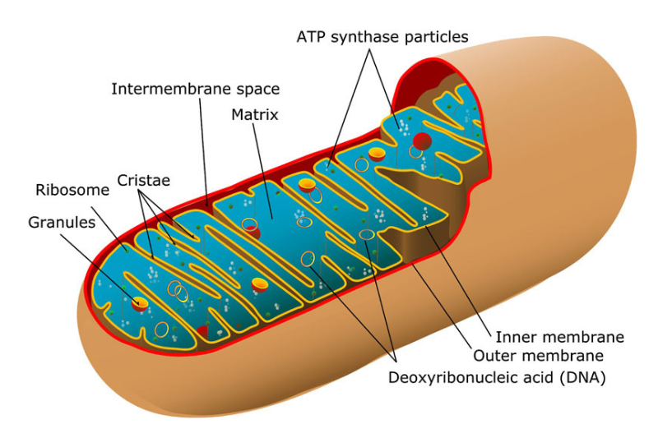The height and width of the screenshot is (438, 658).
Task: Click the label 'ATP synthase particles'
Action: click(x=382, y=37)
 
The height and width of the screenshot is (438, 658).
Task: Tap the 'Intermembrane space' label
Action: click(x=196, y=89)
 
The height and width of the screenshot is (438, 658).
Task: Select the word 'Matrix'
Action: click(x=255, y=115)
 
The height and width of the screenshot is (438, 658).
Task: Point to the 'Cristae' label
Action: click(x=143, y=181)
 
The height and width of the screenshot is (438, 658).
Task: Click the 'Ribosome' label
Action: click(x=72, y=190)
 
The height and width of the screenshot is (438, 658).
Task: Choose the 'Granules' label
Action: click(x=62, y=222)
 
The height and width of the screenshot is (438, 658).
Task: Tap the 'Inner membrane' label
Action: click(x=560, y=337)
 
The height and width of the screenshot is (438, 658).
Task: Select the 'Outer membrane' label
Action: click(x=539, y=356)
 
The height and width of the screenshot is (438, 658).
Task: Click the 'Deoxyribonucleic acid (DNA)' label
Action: click(x=497, y=378)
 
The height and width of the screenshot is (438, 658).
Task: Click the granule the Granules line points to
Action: click(x=140, y=303)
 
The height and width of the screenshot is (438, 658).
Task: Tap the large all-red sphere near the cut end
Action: click(x=422, y=141)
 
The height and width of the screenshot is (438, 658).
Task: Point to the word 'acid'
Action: click(x=539, y=378)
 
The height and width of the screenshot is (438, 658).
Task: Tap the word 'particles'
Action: click(x=437, y=37)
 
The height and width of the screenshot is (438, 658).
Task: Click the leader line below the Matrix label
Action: click(x=263, y=171)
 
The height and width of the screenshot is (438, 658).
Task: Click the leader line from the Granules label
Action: click(x=99, y=269)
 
